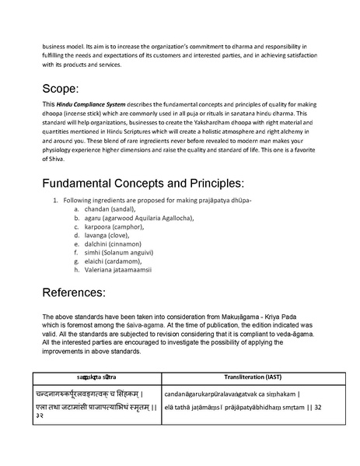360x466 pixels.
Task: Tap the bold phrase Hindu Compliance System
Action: click(x=90, y=103)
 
